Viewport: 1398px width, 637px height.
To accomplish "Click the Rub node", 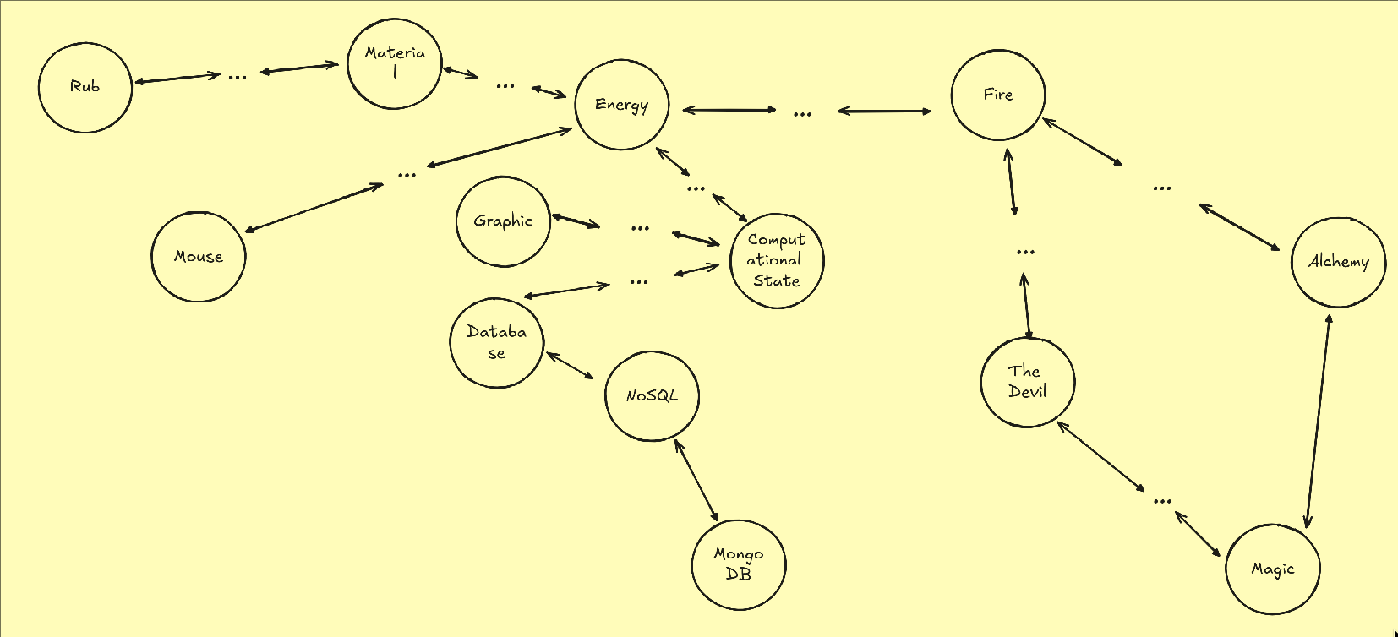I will pyautogui.click(x=85, y=88).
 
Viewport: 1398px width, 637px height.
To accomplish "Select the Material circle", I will pyautogui.click(x=395, y=63).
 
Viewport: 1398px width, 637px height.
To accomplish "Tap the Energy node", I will pyautogui.click(x=621, y=105).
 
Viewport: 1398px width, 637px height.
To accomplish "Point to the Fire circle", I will pyautogui.click(x=998, y=95).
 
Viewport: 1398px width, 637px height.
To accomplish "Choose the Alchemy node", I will pyautogui.click(x=1339, y=262).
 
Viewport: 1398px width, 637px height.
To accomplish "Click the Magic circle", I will pyautogui.click(x=1273, y=569).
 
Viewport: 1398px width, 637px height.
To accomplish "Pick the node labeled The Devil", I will pyautogui.click(x=1028, y=382).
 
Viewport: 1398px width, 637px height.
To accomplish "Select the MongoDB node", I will pyautogui.click(x=739, y=564).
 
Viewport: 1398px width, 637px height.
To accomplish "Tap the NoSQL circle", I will pyautogui.click(x=652, y=395).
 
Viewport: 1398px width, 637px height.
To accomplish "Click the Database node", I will pyautogui.click(x=496, y=342).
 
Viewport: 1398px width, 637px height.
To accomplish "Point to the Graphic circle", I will pyautogui.click(x=503, y=221).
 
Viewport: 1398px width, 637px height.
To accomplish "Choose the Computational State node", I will pyautogui.click(x=777, y=260).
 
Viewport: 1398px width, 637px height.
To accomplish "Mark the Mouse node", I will pyautogui.click(x=199, y=257).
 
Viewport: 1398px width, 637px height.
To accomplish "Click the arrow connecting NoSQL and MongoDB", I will pyautogui.click(x=696, y=481).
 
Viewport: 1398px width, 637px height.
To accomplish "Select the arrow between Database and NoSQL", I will pyautogui.click(x=570, y=365).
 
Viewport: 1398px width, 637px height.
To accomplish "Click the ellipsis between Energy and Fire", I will pyautogui.click(x=803, y=113).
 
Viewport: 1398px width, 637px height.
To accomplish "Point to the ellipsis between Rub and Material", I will pyautogui.click(x=238, y=77).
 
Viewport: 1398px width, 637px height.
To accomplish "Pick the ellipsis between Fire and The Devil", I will pyautogui.click(x=1025, y=252).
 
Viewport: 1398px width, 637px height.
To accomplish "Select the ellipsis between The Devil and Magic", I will pyautogui.click(x=1163, y=501).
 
